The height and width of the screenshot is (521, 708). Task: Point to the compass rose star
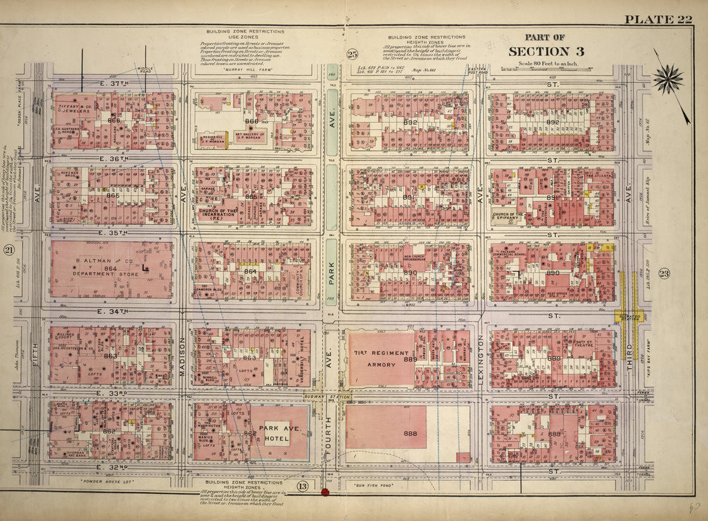[668, 79]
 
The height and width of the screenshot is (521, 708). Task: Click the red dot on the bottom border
[324, 492]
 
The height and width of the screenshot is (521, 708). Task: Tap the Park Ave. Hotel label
[279, 433]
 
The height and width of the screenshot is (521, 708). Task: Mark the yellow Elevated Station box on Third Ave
[629, 316]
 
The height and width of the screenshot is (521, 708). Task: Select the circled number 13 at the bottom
[302, 486]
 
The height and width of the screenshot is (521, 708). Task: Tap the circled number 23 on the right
[663, 272]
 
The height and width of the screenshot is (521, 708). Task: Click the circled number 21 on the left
[9, 250]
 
